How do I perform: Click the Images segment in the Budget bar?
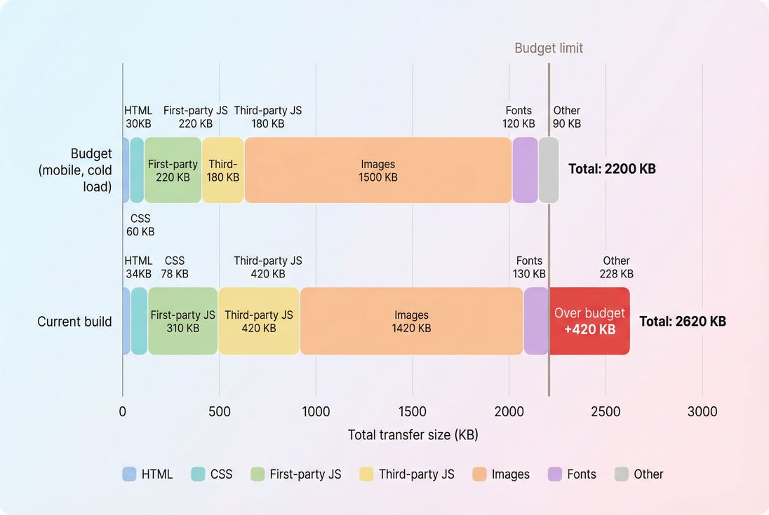pos(378,170)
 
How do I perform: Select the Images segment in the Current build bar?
pos(411,321)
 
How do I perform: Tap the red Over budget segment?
pos(589,321)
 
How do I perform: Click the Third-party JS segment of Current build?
pos(259,321)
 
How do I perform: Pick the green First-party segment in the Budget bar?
pos(173,170)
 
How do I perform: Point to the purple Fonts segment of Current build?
pos(536,321)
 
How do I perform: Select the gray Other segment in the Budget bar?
pos(549,170)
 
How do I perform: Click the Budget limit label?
pos(549,48)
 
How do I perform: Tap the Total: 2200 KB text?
pos(612,169)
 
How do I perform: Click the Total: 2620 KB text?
pos(682,322)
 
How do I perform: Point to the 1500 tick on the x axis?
pos(413,411)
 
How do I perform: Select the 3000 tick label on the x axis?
pos(702,411)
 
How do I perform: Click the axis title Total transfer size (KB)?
pos(413,435)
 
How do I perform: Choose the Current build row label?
pos(74,322)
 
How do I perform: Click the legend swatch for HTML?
pos(129,474)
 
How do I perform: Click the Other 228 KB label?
pos(616,267)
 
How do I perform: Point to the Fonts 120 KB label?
pos(519,117)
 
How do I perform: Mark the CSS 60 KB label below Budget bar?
pos(140,225)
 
